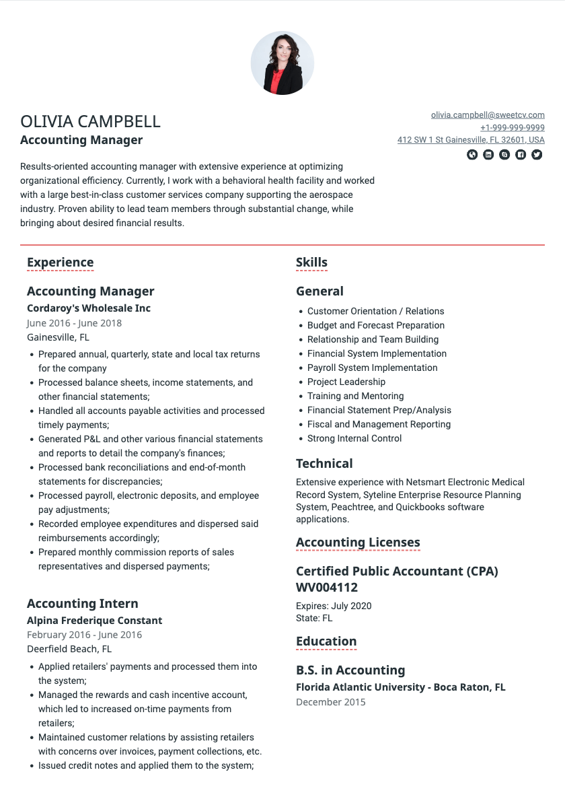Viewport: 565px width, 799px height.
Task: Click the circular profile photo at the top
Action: coord(282,63)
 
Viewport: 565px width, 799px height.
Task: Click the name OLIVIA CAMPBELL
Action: coord(90,122)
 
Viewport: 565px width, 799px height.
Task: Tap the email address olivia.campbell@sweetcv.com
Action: coord(488,115)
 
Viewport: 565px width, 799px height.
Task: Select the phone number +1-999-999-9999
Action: coord(512,128)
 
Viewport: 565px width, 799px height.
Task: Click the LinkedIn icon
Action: coord(488,155)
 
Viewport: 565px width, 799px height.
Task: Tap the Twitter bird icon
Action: coord(537,155)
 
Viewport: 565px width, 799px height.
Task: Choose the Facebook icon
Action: coord(521,155)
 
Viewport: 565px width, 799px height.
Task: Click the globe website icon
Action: coord(472,155)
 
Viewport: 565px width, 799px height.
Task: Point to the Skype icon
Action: coord(504,155)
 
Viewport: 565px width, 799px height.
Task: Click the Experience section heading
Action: coord(60,263)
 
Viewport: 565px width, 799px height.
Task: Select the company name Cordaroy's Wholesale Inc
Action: coord(89,308)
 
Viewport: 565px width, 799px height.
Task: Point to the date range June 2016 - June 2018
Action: coord(74,323)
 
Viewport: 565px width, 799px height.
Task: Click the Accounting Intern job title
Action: coord(83,604)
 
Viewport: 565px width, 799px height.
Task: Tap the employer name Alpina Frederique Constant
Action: coord(94,621)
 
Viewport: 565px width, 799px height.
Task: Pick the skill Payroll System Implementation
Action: coord(372,368)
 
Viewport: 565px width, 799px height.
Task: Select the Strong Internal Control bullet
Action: coord(354,438)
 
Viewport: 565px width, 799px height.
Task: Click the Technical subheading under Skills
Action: coord(324,464)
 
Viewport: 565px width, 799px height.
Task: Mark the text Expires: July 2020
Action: coord(334,606)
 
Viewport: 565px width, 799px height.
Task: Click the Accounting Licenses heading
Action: coord(358,543)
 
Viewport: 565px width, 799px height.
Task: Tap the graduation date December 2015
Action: coord(331,702)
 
